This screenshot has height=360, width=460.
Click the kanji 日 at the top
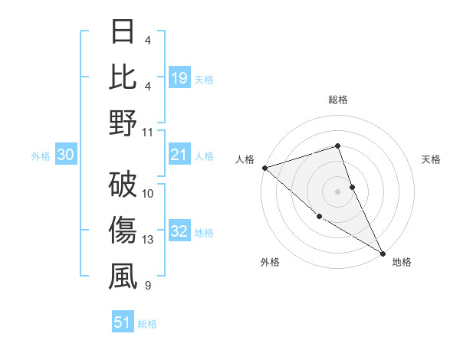point(123,33)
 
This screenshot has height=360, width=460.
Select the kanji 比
point(123,78)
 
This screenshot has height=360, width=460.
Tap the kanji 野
point(123,123)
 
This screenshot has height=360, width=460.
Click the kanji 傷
point(123,231)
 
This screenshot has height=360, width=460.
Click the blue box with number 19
point(179,77)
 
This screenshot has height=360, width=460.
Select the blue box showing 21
point(179,155)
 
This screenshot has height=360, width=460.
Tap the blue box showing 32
point(179,232)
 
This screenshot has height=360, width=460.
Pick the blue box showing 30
point(65,155)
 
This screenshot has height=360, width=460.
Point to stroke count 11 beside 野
point(148,133)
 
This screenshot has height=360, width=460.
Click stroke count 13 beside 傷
point(148,240)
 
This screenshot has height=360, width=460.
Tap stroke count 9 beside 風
point(147,286)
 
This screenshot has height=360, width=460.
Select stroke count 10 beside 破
point(148,194)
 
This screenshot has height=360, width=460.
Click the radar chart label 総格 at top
point(338,100)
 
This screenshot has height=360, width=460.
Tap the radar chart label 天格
point(432,159)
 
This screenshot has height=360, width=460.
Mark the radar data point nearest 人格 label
point(264,167)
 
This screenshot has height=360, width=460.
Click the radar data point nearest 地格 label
point(383,252)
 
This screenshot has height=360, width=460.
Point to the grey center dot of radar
point(338,191)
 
